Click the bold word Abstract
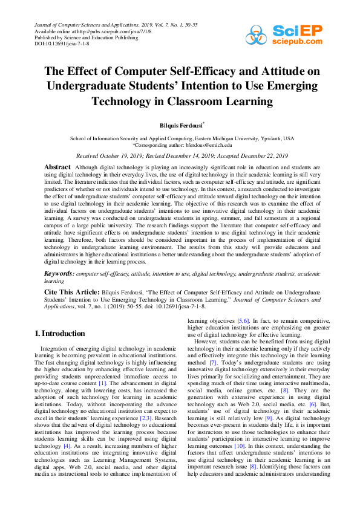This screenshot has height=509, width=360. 57,166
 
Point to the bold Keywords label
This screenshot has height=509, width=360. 60,274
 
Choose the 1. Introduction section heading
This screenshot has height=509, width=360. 59,333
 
